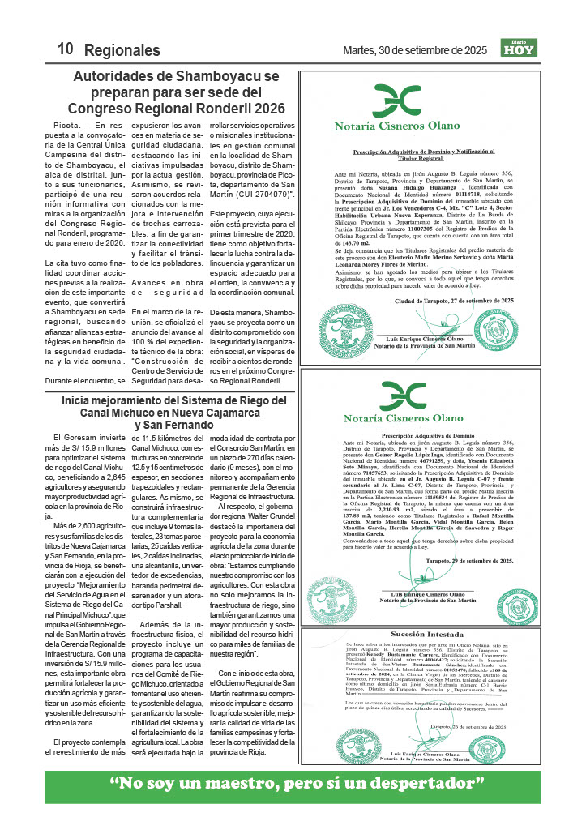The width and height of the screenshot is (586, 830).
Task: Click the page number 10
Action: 66,50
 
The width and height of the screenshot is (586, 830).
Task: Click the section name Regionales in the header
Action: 122,50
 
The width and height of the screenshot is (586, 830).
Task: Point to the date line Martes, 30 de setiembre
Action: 415,51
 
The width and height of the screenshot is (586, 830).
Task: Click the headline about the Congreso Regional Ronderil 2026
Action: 176,92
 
